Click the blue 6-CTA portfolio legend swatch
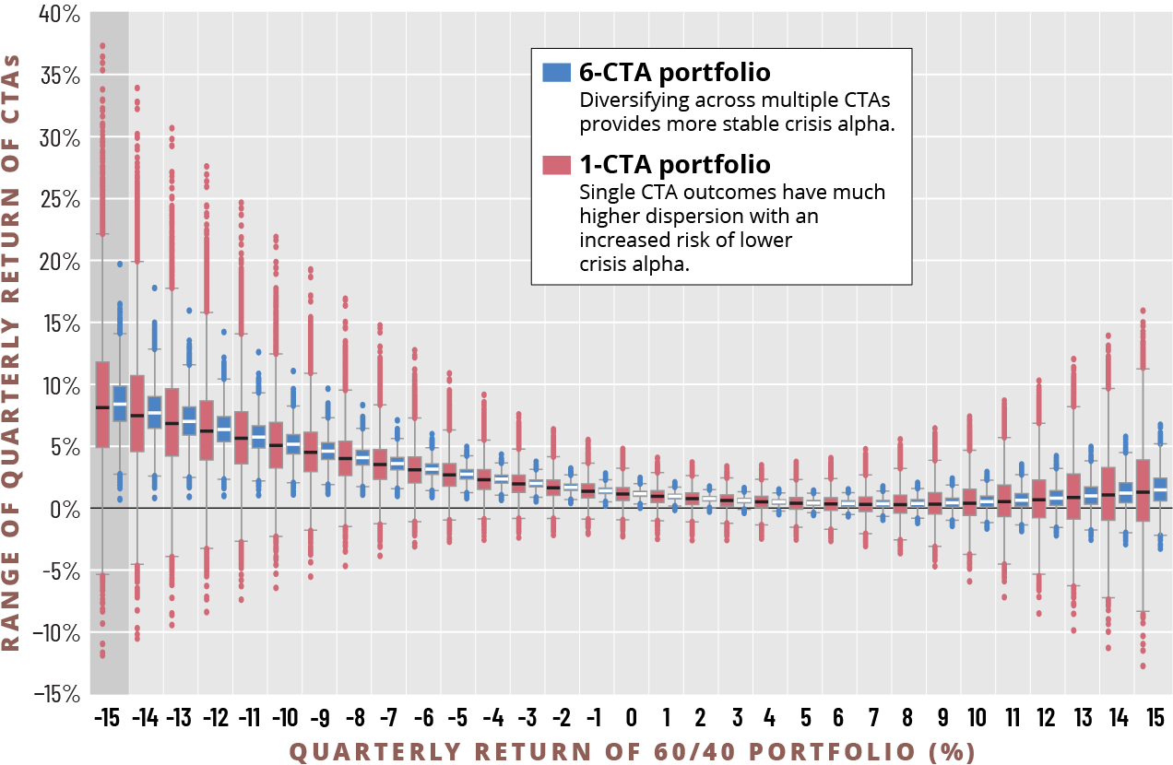pos(557,73)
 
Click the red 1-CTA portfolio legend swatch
pos(557,165)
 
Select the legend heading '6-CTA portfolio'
pos(675,73)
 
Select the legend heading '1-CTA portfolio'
pos(675,165)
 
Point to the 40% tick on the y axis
pos(59,14)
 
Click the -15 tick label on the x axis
pos(109,717)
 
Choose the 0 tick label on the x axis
pos(631,717)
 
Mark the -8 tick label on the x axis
pos(355,717)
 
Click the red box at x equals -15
pos(102,405)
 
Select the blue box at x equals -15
pos(119,404)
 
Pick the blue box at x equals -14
pos(154,412)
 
